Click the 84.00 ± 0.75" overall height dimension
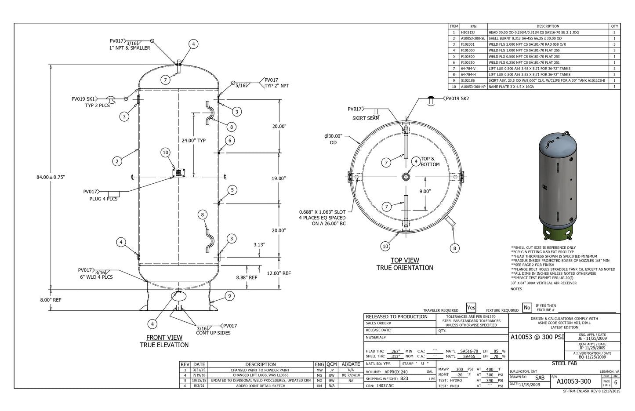point(51,177)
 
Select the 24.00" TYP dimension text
point(194,141)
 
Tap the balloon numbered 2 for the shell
point(117,161)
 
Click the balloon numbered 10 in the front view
point(165,153)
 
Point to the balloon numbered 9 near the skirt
point(229,296)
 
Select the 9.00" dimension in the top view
point(425,191)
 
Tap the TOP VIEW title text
point(405,261)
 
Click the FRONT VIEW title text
point(164,338)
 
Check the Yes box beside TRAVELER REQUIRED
point(471,308)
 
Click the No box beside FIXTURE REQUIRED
point(527,308)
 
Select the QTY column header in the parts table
point(614,26)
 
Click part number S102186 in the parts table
point(468,80)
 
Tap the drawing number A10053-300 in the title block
point(573,381)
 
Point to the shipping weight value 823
point(404,378)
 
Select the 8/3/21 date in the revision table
point(199,386)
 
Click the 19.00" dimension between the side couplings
point(279,178)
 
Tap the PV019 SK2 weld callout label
point(457,98)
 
